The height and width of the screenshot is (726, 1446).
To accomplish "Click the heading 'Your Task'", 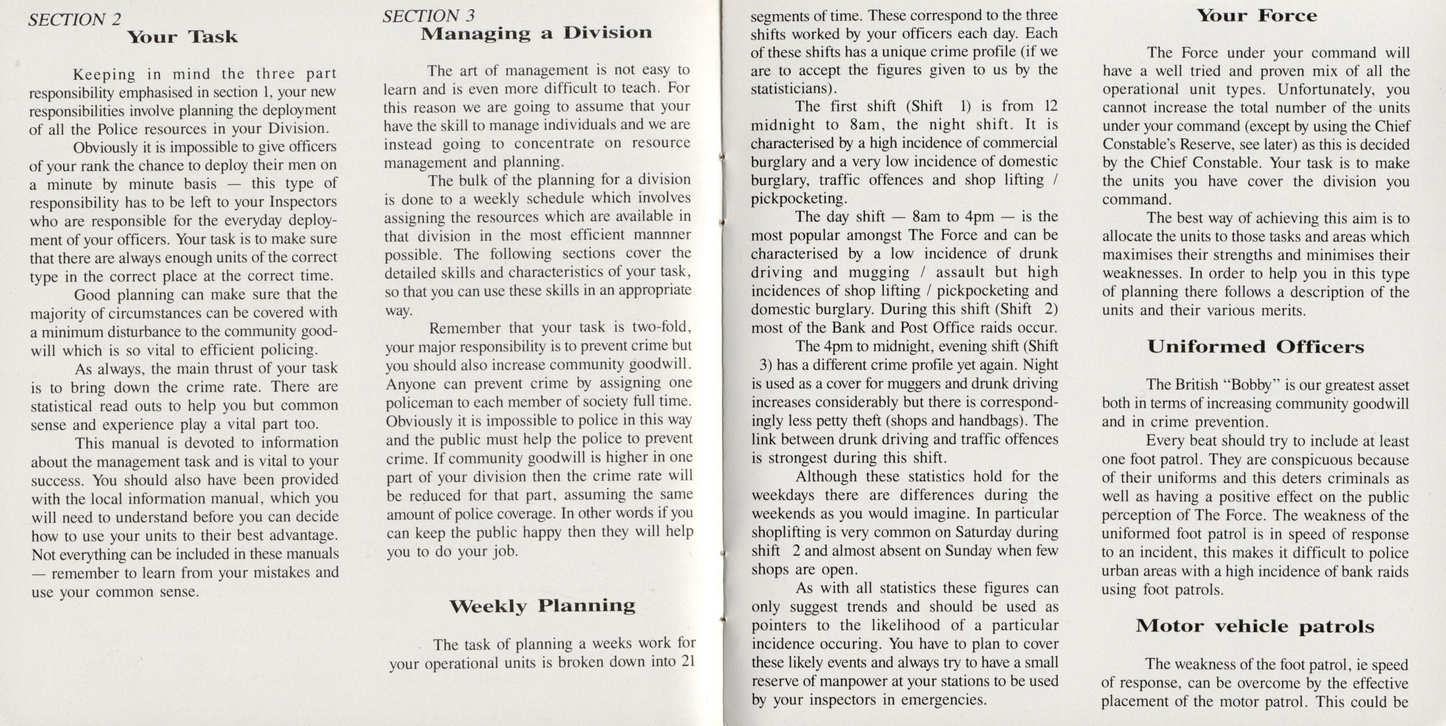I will pos(182,37).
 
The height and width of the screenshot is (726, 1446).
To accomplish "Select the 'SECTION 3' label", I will pos(428,16).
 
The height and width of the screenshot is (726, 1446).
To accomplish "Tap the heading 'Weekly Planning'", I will pos(542,606).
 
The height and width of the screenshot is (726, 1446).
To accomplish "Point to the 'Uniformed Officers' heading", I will pos(1255,347).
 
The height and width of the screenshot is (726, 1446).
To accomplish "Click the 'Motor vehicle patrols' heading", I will pos(1255,626).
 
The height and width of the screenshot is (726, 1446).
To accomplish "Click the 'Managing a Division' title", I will pos(536,33).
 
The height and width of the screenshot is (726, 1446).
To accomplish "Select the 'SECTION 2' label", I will pos(75,19).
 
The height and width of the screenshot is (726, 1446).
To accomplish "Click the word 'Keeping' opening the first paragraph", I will pos(104,74).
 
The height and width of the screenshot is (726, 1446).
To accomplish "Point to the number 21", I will pos(688,661).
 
